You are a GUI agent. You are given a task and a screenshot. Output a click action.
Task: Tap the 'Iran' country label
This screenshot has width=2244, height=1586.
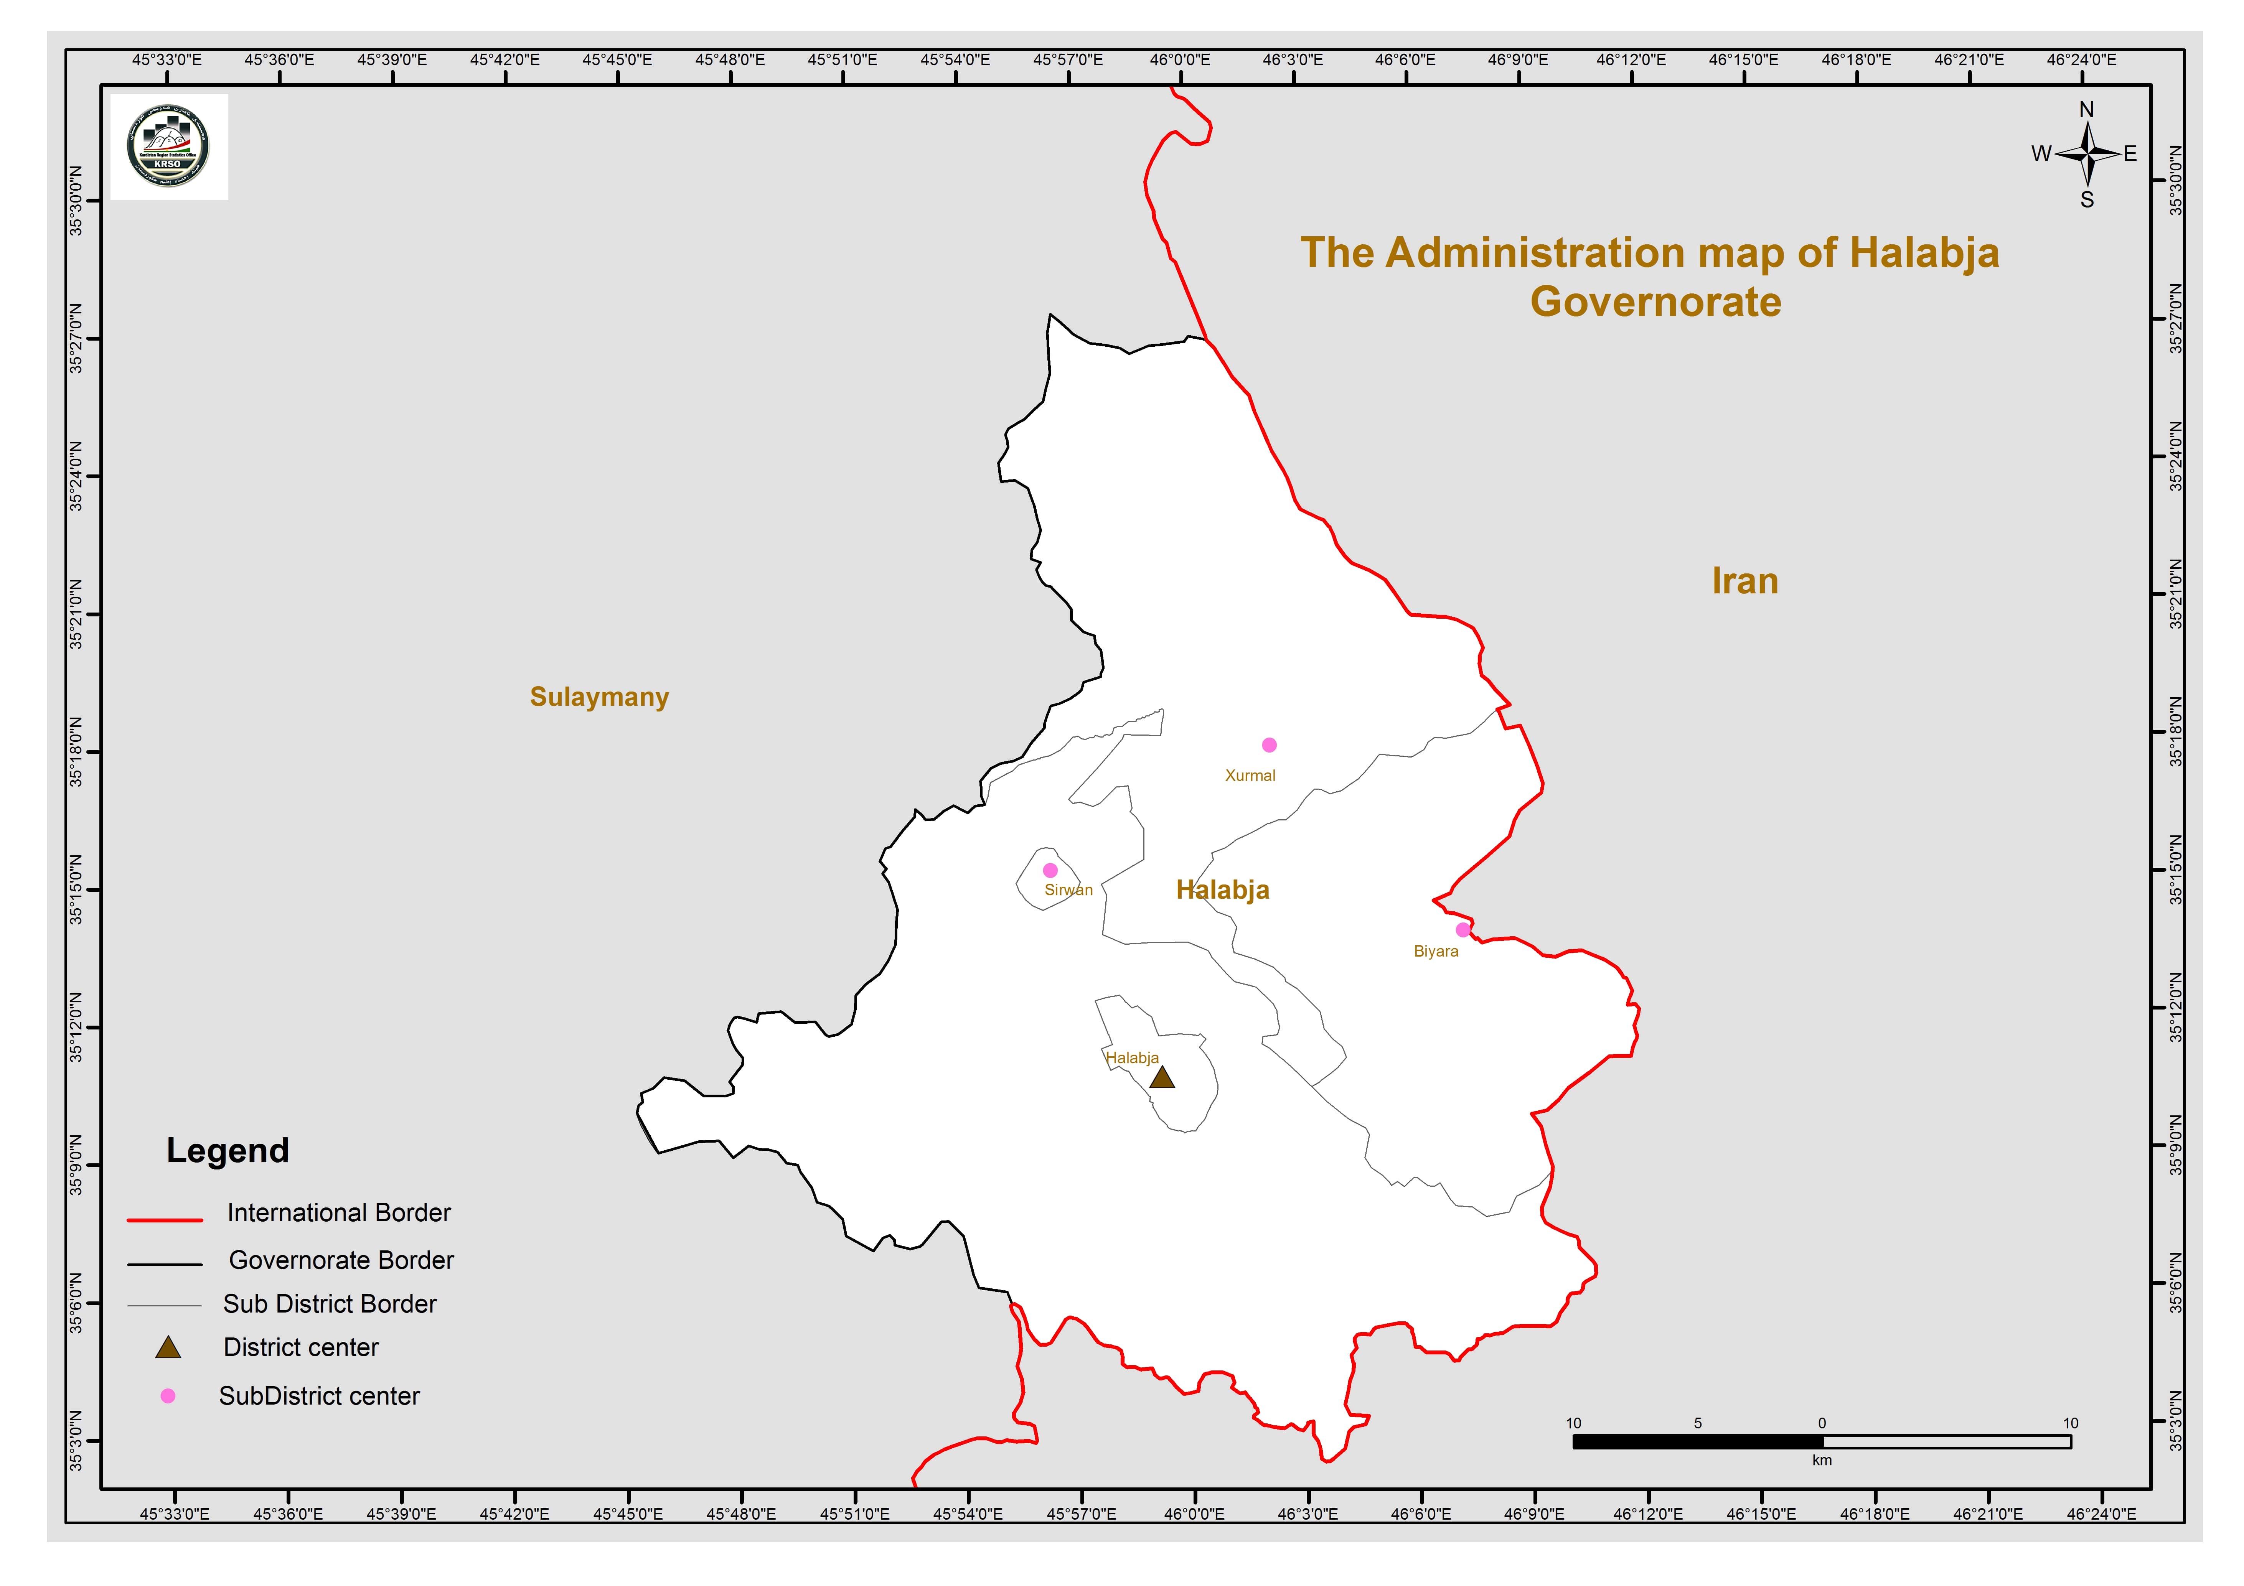point(1744,581)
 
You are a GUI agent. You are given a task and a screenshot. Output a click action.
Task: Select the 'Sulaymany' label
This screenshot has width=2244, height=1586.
point(599,697)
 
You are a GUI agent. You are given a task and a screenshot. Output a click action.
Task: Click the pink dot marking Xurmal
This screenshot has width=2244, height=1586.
point(1269,744)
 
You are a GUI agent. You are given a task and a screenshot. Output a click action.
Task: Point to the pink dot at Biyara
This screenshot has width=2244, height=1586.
point(1462,929)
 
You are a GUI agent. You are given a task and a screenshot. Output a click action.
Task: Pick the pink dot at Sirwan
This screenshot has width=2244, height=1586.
point(1050,870)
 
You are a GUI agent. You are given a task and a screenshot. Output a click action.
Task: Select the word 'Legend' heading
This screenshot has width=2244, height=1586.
point(228,1150)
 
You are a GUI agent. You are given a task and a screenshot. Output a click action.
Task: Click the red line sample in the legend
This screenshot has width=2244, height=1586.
point(164,1220)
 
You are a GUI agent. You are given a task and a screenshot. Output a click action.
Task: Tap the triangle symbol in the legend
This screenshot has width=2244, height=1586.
point(168,1349)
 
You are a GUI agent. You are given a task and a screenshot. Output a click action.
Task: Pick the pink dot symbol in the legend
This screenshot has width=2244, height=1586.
point(168,1395)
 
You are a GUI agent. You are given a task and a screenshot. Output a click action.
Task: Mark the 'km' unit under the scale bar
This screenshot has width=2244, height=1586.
point(1821,1460)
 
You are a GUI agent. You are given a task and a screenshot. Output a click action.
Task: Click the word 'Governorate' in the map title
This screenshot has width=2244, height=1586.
point(1655,302)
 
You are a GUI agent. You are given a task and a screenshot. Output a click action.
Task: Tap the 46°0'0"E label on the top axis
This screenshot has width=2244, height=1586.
point(1180,59)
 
